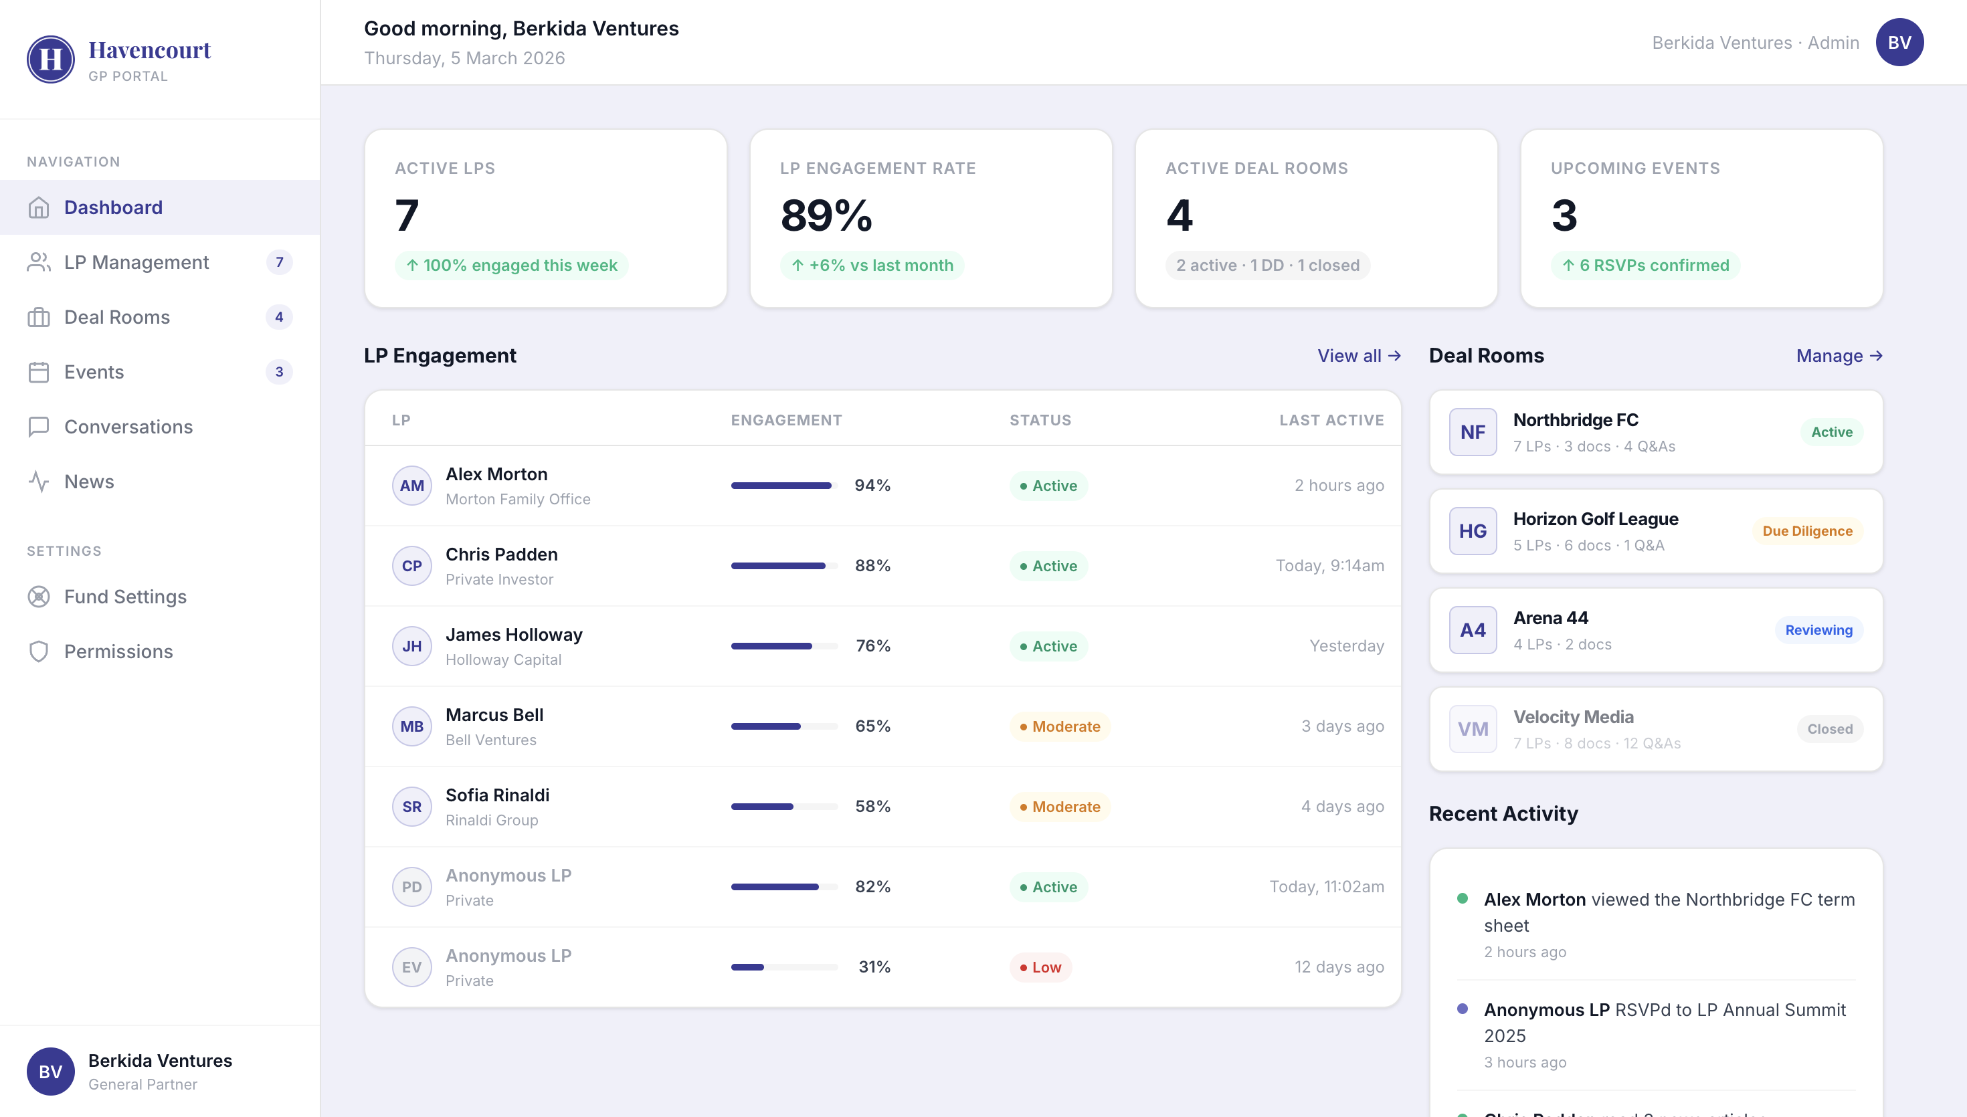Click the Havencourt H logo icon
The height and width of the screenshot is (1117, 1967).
[x=51, y=59]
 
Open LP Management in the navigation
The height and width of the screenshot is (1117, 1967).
[x=136, y=262]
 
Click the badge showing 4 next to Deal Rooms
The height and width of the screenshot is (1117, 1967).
[x=278, y=317]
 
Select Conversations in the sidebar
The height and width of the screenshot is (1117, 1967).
[x=128, y=427]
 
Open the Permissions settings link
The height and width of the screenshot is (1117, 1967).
[x=118, y=651]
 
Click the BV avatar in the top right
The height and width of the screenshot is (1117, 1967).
[x=1899, y=43]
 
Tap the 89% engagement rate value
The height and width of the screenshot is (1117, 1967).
[x=826, y=215]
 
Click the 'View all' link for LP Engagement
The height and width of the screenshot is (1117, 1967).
[x=1359, y=356]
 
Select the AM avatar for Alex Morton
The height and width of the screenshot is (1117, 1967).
[x=412, y=486]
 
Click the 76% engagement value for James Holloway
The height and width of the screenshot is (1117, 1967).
[x=873, y=646]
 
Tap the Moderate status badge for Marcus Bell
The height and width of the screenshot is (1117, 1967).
[x=1060, y=726]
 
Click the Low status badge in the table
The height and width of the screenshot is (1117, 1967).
[x=1040, y=967]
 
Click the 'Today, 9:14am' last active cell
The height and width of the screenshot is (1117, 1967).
[x=1329, y=566]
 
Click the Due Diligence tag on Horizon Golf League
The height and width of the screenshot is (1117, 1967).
[x=1806, y=532]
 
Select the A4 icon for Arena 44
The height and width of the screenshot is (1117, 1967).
[x=1472, y=631]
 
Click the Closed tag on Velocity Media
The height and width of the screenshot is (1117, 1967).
[x=1829, y=730]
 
